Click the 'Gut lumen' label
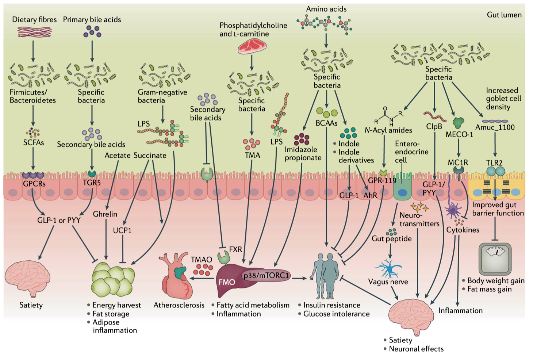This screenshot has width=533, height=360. [504, 15]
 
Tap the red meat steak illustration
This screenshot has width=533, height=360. [252, 47]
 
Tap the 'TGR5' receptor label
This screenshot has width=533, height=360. [92, 183]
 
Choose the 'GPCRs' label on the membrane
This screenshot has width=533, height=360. [34, 184]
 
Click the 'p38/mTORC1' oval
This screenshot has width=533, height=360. [266, 276]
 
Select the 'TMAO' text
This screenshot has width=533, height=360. [202, 260]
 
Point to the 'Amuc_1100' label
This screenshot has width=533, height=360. [495, 127]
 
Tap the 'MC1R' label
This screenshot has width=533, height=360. [458, 162]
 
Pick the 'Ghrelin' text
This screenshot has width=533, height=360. [105, 214]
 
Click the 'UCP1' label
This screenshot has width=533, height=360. [122, 230]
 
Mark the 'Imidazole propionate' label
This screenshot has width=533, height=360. [303, 154]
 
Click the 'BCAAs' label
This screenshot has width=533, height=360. [326, 123]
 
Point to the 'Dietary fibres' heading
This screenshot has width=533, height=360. [34, 20]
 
